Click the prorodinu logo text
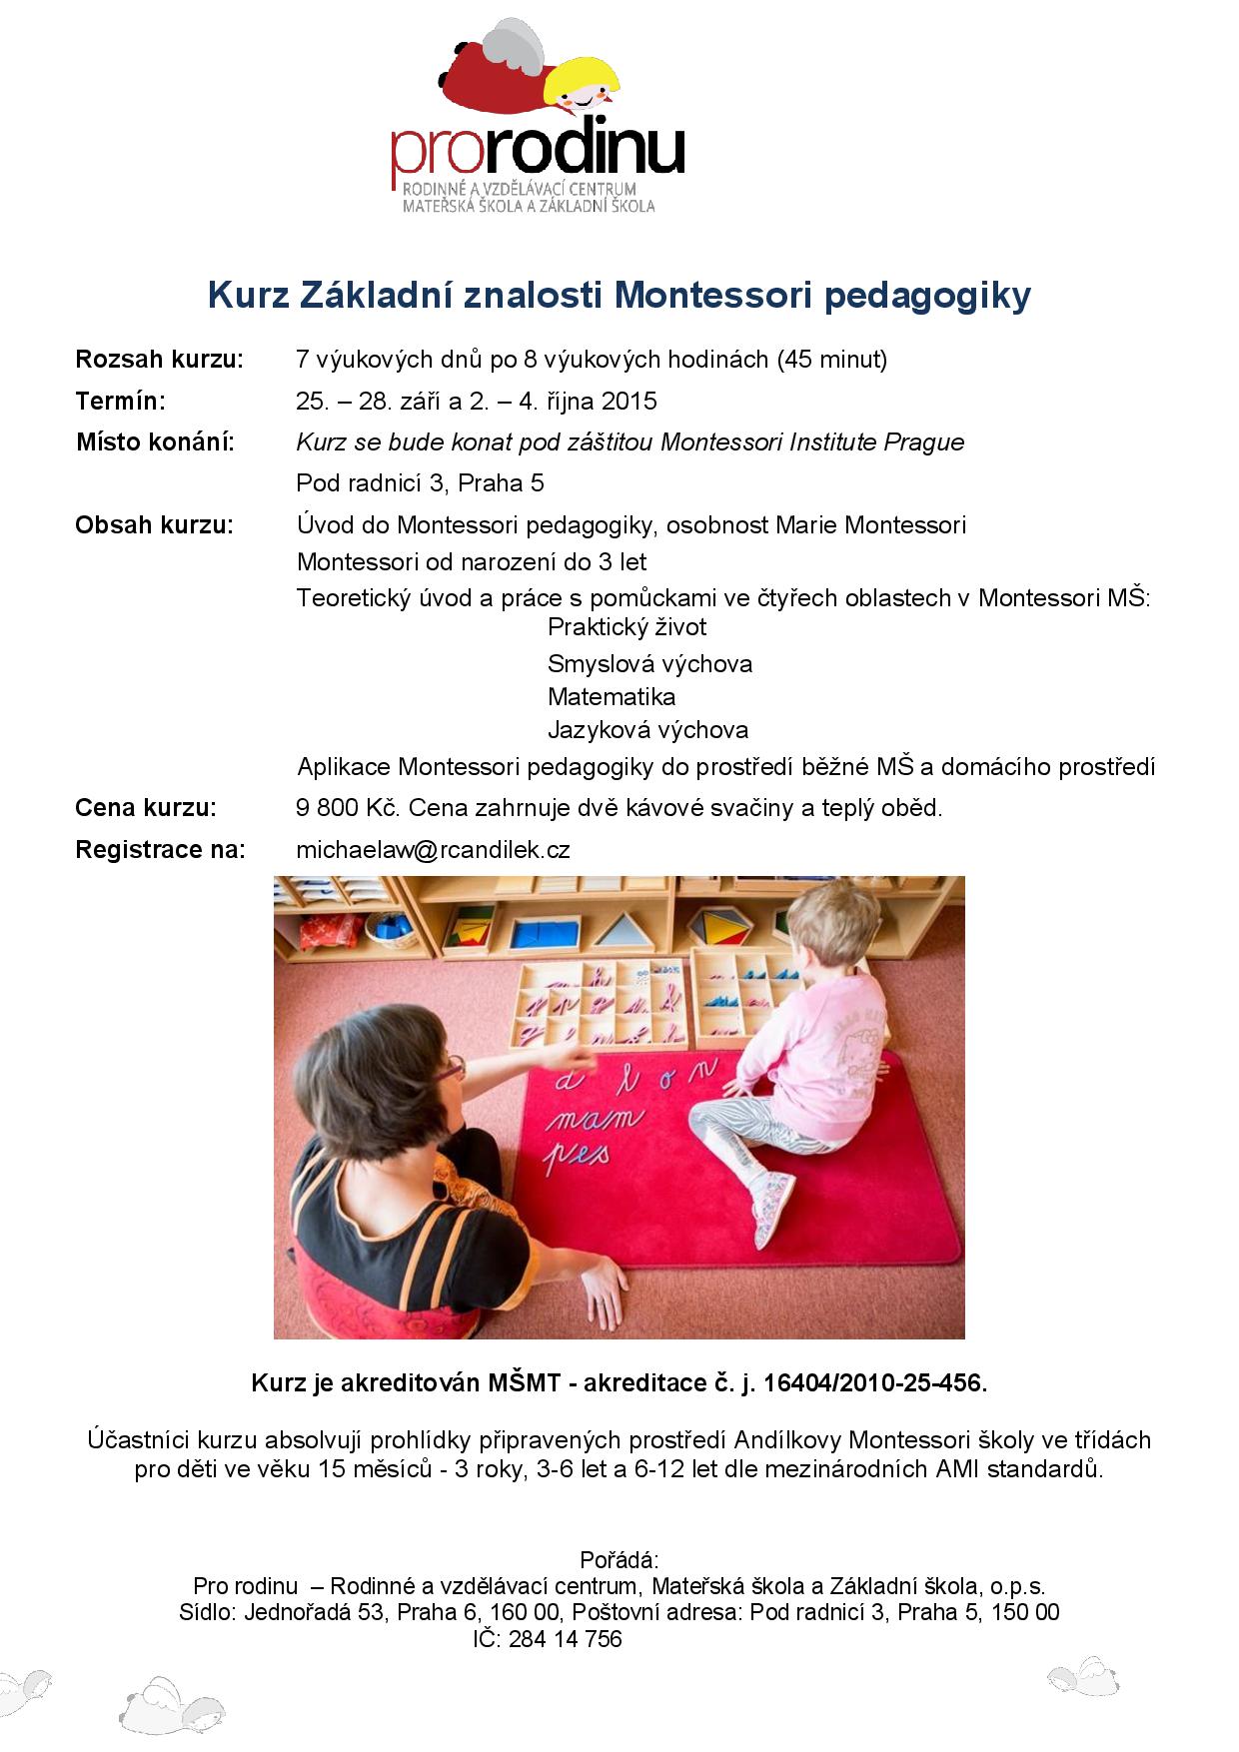pyautogui.click(x=538, y=150)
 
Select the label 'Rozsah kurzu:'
pyautogui.click(x=159, y=360)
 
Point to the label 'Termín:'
pyautogui.click(x=120, y=402)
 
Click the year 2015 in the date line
pyautogui.click(x=630, y=402)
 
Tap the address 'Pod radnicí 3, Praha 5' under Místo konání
pyautogui.click(x=420, y=484)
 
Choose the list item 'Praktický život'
pyautogui.click(x=626, y=627)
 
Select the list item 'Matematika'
pyautogui.click(x=611, y=696)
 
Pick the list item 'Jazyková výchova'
pyautogui.click(x=647, y=730)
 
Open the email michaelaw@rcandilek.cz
pyautogui.click(x=433, y=850)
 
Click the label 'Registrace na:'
pyautogui.click(x=160, y=850)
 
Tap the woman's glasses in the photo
pyautogui.click(x=451, y=1071)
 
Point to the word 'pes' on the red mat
pyautogui.click(x=577, y=1156)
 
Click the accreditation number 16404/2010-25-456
pyautogui.click(x=875, y=1383)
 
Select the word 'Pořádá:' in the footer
pyautogui.click(x=619, y=1560)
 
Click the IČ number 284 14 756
pyautogui.click(x=565, y=1639)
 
